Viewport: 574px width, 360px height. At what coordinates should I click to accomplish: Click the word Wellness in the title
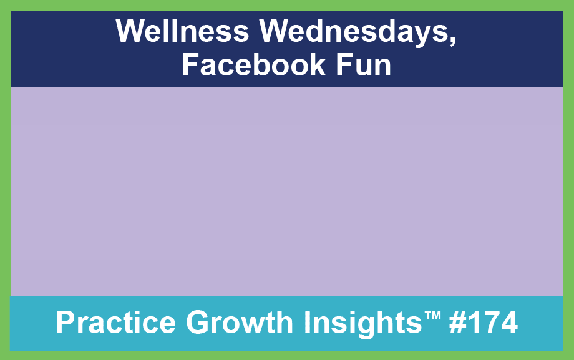(x=182, y=31)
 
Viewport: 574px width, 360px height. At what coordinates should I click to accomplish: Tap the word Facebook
(x=253, y=65)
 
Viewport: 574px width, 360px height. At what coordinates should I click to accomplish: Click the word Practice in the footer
(x=115, y=323)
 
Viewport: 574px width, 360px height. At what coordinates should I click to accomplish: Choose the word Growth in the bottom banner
(x=240, y=323)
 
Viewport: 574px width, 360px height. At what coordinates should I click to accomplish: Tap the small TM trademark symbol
(x=433, y=315)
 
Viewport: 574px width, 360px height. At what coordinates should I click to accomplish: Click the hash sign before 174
(x=457, y=323)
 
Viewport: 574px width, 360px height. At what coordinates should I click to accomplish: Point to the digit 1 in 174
(x=474, y=323)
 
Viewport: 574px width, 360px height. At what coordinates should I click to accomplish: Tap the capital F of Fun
(x=344, y=65)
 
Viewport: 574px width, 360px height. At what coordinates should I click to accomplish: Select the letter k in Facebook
(x=317, y=65)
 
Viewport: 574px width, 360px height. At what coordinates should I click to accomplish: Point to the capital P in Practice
(x=66, y=323)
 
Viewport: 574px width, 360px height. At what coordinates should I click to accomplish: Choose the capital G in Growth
(x=197, y=323)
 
